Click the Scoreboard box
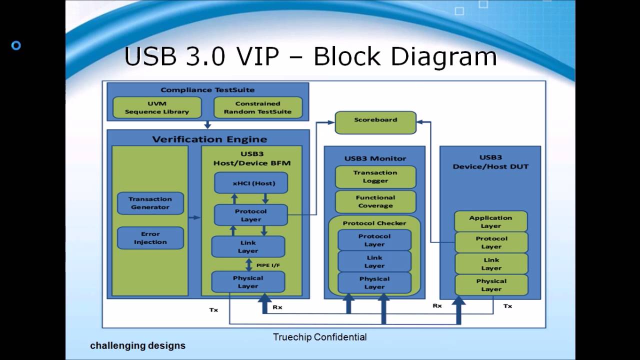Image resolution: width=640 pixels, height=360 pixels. [x=375, y=122]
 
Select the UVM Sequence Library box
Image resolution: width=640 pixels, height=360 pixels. [x=157, y=107]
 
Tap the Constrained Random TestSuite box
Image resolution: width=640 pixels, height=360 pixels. [x=257, y=107]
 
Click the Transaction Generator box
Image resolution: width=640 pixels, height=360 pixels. [x=150, y=203]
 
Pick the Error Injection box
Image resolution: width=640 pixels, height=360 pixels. [x=150, y=238]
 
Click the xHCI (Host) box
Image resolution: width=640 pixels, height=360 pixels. [x=251, y=183]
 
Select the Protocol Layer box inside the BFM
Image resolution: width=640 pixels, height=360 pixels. [x=251, y=215]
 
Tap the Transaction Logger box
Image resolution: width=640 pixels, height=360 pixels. [x=375, y=176]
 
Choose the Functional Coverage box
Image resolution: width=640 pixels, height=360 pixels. [x=375, y=201]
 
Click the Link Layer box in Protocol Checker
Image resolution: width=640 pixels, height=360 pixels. [x=374, y=261]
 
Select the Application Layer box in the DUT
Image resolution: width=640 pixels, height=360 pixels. [x=490, y=221]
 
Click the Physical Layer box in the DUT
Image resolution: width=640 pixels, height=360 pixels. [x=490, y=285]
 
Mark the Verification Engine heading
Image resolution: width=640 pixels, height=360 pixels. [x=209, y=139]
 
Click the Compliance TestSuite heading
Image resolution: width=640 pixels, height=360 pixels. [x=207, y=90]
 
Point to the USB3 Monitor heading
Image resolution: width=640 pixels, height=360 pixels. [x=375, y=158]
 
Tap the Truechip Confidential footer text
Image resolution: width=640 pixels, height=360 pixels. [x=319, y=337]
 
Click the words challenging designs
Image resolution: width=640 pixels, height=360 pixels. [x=137, y=345]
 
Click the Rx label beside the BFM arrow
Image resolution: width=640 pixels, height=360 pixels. [x=277, y=307]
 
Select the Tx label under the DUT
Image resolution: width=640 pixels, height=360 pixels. [x=507, y=306]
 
